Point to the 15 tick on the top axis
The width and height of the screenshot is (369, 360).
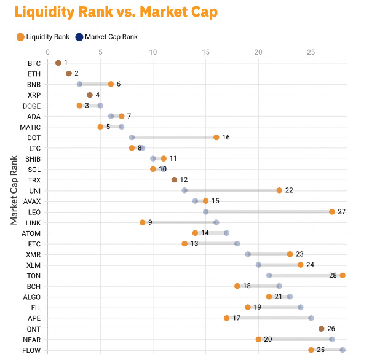[x=205, y=52]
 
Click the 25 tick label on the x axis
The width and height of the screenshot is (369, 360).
[x=311, y=52]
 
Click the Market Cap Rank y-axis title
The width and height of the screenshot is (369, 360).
[x=14, y=190]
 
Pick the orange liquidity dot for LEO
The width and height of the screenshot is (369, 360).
[x=332, y=212]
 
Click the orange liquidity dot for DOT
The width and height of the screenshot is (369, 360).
[x=216, y=138]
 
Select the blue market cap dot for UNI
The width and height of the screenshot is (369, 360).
[x=184, y=190]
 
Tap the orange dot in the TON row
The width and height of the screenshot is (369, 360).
[x=343, y=275]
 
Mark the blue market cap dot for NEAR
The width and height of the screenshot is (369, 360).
[x=332, y=339]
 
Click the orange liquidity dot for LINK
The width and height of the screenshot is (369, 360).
[x=143, y=222]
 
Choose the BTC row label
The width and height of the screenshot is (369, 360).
[x=34, y=63]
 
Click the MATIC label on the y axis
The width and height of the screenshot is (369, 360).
[x=31, y=127]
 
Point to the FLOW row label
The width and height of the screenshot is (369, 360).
[x=31, y=350]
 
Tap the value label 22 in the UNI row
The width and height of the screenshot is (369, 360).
[x=288, y=190]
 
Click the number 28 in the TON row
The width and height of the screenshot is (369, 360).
[x=333, y=275]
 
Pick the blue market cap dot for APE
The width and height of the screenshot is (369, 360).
[x=311, y=318]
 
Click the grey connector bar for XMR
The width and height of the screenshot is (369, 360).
[x=269, y=254]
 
